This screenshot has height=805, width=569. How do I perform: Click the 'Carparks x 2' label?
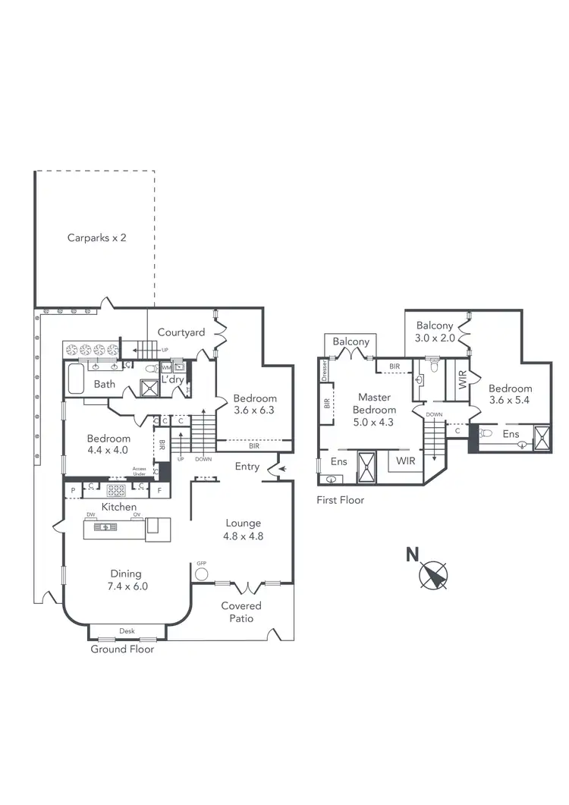96,237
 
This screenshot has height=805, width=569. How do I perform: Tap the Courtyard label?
181,332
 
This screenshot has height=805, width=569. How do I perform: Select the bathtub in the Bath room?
76,378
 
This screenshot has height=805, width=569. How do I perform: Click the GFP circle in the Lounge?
202,574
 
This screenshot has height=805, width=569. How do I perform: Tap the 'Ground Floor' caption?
122,649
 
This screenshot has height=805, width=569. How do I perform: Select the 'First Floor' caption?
340,500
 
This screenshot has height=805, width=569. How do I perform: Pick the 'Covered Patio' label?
241,612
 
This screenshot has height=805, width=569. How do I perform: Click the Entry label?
247,467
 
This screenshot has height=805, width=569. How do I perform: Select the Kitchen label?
119,507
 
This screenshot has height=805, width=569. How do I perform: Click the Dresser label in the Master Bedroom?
325,371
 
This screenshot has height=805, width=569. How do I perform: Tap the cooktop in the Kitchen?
117,489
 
